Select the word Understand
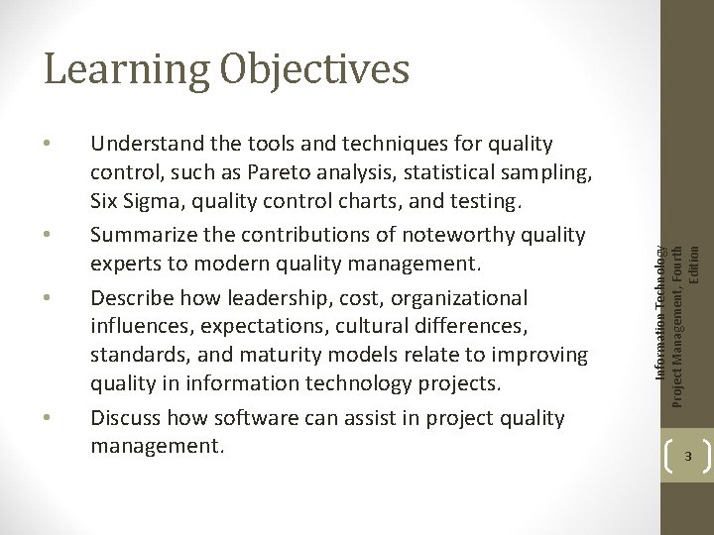(144, 145)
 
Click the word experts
(125, 264)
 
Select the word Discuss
(125, 418)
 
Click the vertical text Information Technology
(660, 297)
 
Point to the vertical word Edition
(694, 262)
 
